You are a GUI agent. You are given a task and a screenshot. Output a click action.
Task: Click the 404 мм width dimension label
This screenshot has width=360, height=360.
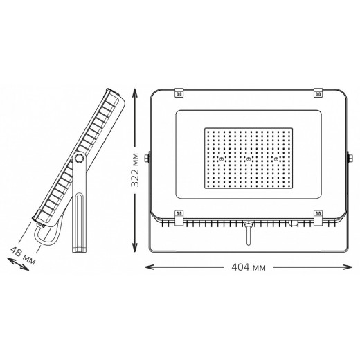coord(249,267)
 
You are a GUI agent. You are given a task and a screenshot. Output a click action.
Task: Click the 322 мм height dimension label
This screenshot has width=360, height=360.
coord(135,170)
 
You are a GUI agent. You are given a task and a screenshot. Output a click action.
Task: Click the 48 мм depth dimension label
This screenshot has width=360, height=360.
coord(23,255)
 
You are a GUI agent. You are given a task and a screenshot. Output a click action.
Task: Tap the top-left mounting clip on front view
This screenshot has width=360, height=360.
coord(179,93)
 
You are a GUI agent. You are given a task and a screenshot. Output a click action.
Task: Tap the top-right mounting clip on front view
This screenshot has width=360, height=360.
coord(318,93)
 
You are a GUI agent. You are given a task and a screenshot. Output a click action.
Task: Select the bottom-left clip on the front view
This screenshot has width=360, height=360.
coord(179,217)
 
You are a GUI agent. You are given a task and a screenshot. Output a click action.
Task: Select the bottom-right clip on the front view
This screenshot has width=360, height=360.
coord(318,217)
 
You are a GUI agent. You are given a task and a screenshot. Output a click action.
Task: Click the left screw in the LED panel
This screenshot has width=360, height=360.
coord(222,159)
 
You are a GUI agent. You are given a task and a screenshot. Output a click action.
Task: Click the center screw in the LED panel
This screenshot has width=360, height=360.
coord(249,159)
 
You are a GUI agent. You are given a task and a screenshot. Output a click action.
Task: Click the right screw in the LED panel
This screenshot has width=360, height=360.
coord(276,159)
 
